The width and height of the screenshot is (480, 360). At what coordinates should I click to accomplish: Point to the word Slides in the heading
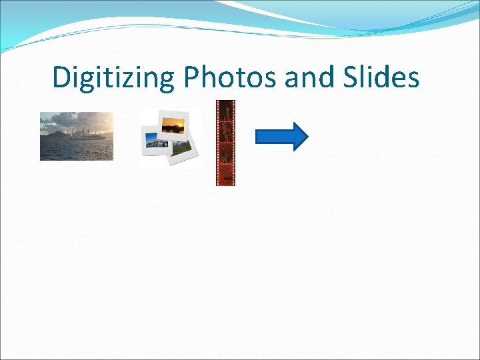tap(382, 78)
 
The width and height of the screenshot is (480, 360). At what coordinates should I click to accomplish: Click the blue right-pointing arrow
tap(281, 136)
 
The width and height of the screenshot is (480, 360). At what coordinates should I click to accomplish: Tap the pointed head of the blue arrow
tap(301, 136)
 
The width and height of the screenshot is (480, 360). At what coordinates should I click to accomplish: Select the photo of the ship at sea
tap(76, 136)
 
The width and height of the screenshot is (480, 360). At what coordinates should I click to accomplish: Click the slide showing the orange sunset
tap(175, 124)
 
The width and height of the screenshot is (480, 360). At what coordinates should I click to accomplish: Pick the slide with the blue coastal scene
tap(154, 141)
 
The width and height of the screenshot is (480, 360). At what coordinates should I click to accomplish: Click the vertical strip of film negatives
tap(225, 143)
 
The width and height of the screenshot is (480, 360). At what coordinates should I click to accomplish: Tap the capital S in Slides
tap(355, 78)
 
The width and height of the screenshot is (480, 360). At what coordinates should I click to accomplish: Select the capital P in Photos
tap(192, 78)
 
